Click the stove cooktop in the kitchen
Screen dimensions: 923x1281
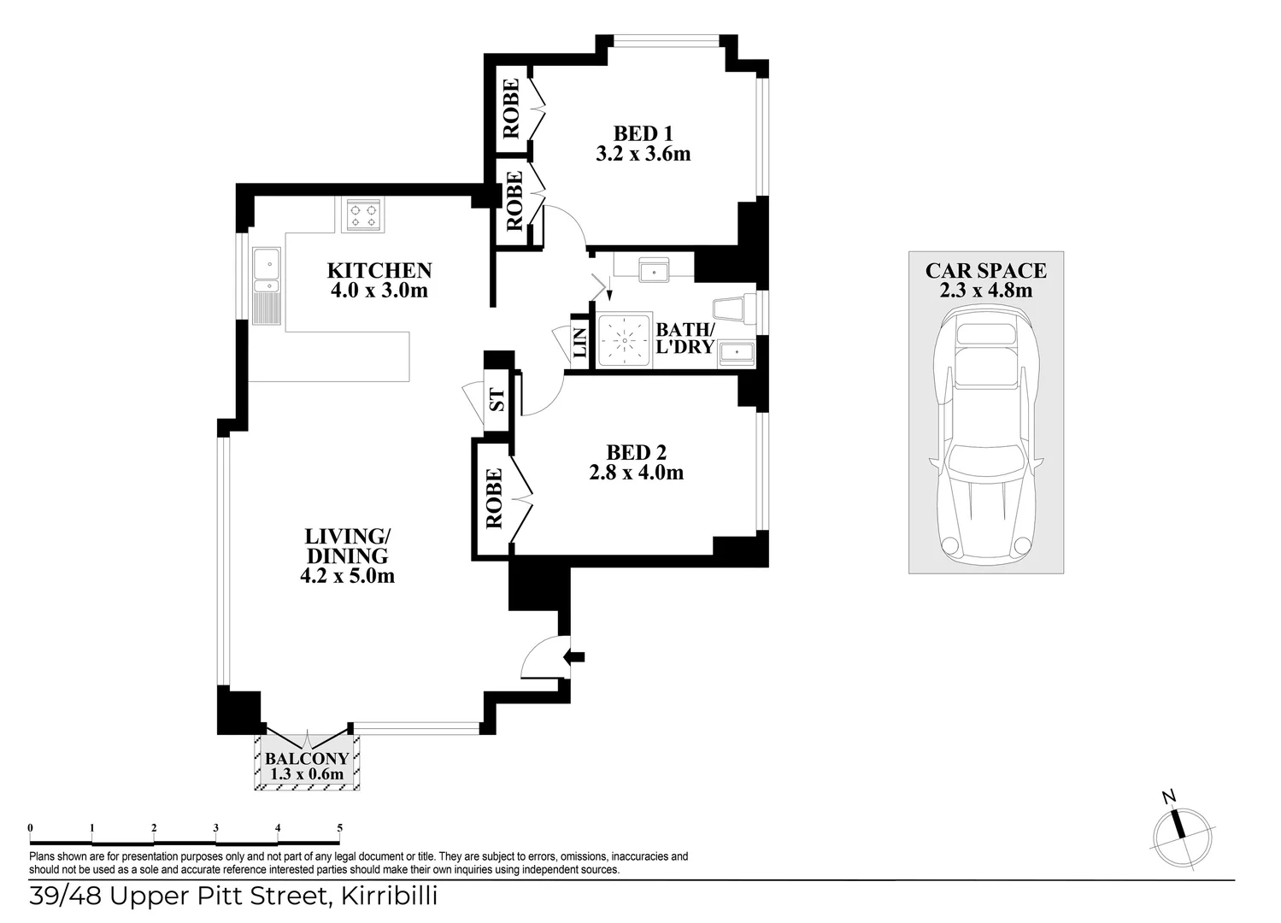(x=363, y=215)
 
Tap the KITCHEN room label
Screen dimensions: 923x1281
(x=379, y=271)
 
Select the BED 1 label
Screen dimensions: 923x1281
(x=643, y=134)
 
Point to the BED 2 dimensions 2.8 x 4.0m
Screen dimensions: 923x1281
(x=636, y=473)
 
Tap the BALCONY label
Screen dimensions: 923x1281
(x=307, y=759)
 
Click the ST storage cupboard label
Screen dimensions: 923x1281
(x=497, y=399)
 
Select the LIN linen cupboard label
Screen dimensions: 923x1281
(x=579, y=344)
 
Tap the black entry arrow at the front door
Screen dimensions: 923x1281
(x=575, y=657)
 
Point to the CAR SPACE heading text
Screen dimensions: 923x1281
(x=985, y=271)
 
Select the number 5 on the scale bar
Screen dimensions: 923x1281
(x=340, y=827)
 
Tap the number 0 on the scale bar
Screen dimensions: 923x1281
(x=31, y=827)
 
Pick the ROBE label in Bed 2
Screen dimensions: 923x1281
(x=493, y=499)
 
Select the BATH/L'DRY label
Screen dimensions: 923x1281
(x=684, y=338)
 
